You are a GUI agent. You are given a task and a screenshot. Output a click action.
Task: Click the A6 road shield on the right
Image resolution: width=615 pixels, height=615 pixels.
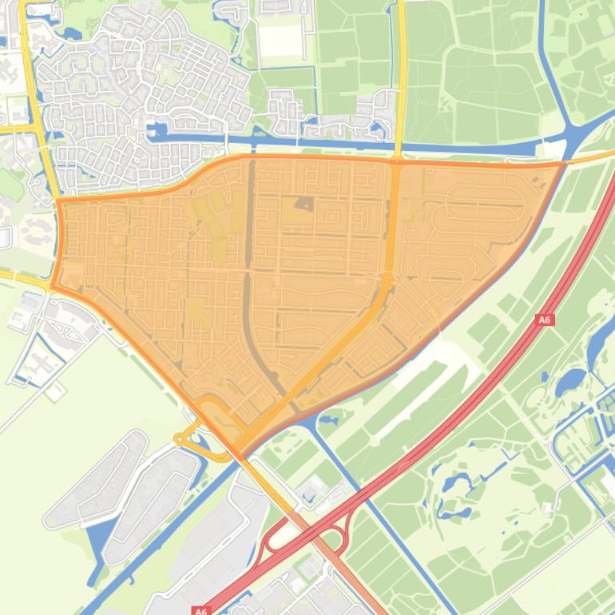coord(544,319)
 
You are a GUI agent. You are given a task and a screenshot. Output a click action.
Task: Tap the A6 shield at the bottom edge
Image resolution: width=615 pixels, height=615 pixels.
coord(200,610)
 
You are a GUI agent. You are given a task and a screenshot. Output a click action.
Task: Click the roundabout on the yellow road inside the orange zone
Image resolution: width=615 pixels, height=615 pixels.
coord(387,280)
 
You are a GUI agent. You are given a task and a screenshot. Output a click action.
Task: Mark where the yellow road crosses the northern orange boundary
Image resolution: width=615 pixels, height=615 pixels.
coord(397,161)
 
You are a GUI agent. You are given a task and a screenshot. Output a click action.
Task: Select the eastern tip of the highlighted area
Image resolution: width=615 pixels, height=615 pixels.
coord(563,163)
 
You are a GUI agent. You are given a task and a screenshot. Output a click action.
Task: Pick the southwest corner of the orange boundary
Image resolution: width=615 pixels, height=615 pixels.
coord(54,287)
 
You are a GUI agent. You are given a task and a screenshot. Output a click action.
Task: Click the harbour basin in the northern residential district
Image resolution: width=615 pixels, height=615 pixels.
coord(157,129)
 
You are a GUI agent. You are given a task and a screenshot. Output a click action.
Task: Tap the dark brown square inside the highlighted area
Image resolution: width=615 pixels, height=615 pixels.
coord(305,204)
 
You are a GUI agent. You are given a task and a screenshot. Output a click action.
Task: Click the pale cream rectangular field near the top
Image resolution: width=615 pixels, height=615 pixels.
coord(280,41)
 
